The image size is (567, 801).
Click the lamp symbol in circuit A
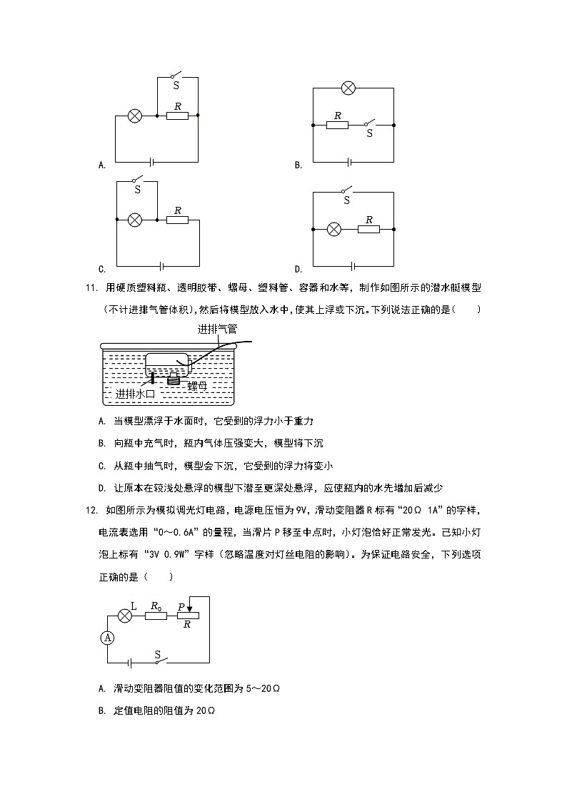[x=134, y=115]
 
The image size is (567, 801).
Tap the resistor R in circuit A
[x=177, y=114]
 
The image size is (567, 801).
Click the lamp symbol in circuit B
[x=348, y=88]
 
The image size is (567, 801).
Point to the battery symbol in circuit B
[x=349, y=162]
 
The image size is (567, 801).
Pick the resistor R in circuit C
[x=177, y=220]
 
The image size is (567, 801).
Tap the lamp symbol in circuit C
[x=134, y=220]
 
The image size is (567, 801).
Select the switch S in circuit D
[x=347, y=191]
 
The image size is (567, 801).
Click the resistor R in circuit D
[x=368, y=229]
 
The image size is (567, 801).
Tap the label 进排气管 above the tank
[x=217, y=330]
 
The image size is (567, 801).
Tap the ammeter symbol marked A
[x=108, y=638]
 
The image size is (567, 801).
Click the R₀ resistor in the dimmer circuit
[x=156, y=615]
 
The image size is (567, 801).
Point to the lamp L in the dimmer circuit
[x=125, y=615]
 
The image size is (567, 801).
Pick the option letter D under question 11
[x=102, y=488]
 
